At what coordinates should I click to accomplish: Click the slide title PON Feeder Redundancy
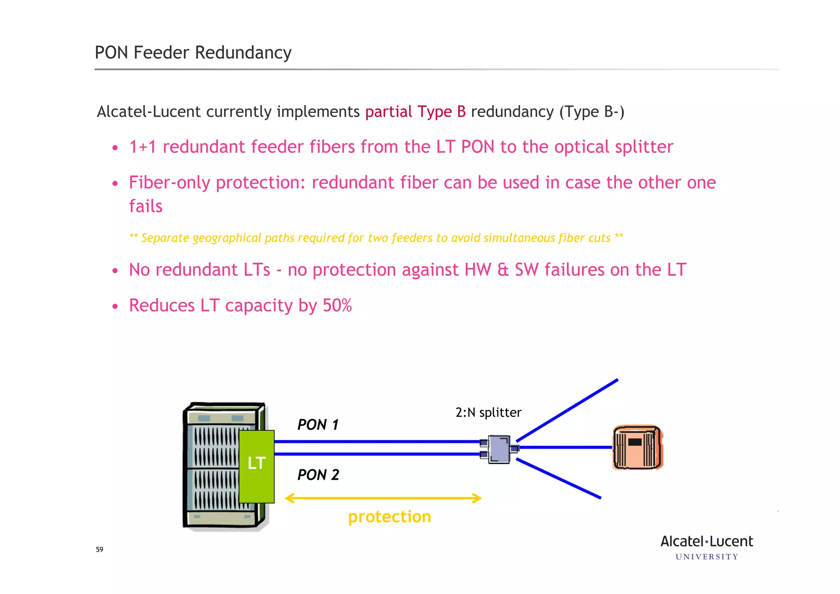[x=193, y=53]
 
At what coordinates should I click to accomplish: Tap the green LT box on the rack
[x=257, y=466]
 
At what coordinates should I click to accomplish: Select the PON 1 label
[x=318, y=425]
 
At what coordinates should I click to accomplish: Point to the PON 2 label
[x=318, y=475]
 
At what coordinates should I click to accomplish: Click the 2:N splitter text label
[x=488, y=412]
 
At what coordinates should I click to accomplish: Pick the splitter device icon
[x=499, y=449]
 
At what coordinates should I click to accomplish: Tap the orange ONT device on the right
[x=637, y=447]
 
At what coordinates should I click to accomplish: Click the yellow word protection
[x=389, y=517]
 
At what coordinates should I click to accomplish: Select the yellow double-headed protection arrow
[x=383, y=498]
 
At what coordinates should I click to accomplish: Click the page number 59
[x=100, y=550]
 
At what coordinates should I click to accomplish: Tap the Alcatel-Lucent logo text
[x=706, y=541]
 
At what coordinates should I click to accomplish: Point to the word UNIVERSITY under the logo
[x=706, y=557]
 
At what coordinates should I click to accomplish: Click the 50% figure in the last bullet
[x=337, y=305]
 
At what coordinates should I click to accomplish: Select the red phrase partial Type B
[x=415, y=112]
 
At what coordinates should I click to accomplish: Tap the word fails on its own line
[x=146, y=206]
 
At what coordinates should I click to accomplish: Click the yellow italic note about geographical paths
[x=376, y=238]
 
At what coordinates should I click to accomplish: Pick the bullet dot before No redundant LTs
[x=115, y=271]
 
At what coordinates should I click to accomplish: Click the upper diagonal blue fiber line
[x=567, y=410]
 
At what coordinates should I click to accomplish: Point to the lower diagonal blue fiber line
[x=559, y=479]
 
